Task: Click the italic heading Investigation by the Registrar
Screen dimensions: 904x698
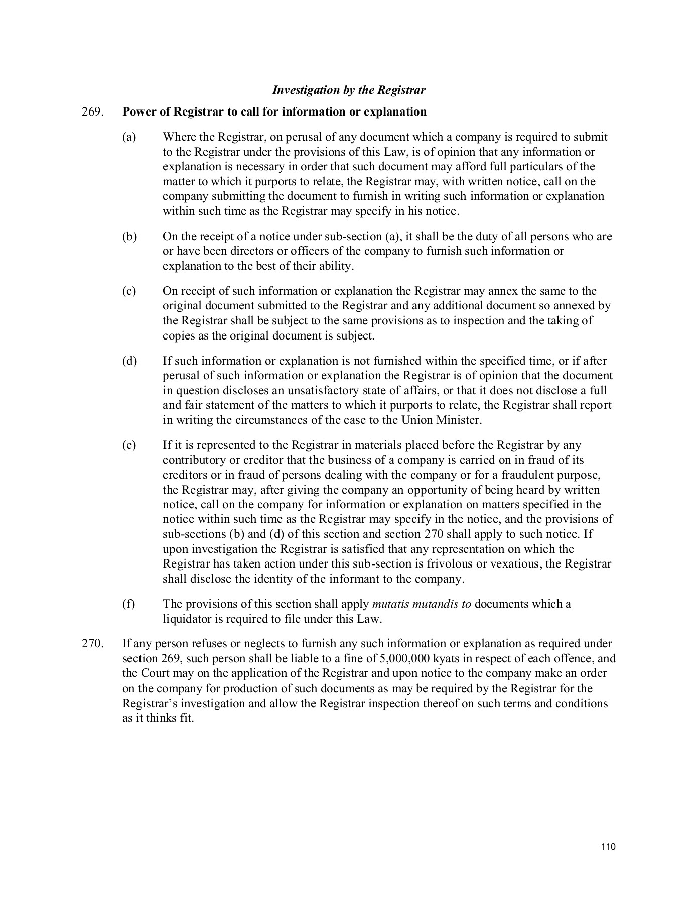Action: coord(348,90)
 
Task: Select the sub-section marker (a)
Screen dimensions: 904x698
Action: coord(129,137)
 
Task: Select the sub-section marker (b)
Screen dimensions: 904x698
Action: coord(129,237)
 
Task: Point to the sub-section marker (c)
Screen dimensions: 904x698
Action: coord(129,291)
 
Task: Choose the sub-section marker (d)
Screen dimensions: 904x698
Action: coord(129,361)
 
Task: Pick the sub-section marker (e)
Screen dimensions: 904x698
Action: coord(129,445)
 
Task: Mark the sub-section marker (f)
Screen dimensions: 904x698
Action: coord(129,604)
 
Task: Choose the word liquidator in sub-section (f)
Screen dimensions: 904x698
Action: coord(186,619)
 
